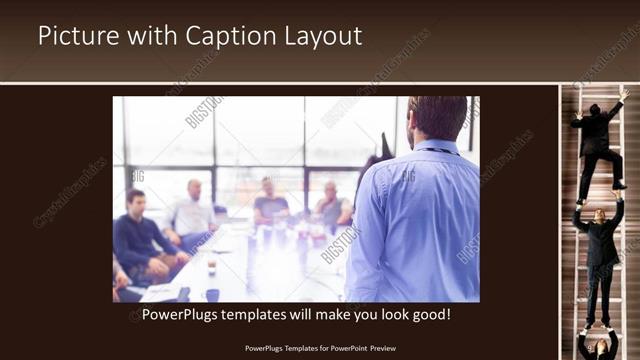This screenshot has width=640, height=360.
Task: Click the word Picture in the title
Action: point(74,36)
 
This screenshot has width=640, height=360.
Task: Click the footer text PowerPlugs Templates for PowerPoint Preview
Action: point(320,348)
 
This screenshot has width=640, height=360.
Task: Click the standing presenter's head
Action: point(437,118)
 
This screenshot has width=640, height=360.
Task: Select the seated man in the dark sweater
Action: point(140,235)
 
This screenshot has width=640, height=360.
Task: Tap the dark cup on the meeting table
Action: point(212,293)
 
